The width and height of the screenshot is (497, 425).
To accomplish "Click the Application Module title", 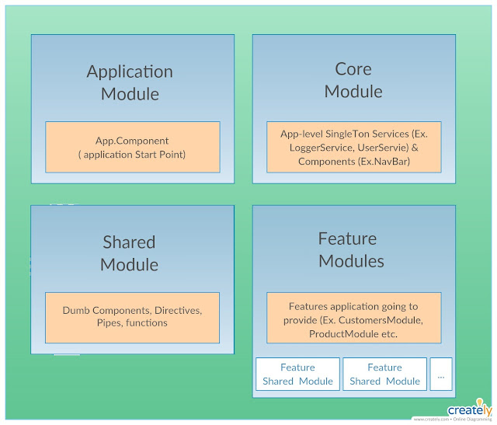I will pos(130,83).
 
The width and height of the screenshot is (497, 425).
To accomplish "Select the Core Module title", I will pos(353,80).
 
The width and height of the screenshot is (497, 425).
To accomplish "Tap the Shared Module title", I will pos(129,253).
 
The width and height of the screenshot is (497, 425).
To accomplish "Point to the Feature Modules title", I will pos(351,249).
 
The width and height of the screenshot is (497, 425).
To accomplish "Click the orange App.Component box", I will pos(131,148).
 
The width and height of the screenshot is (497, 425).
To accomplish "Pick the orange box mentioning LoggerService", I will pos(353,147).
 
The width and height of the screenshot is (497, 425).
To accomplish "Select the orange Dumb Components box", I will pos(132,317).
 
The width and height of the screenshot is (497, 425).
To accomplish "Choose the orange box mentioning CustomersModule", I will pos(353,318).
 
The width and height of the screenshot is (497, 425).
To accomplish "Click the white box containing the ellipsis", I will pos(441,374).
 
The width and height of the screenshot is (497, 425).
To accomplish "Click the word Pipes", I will pos(111,323).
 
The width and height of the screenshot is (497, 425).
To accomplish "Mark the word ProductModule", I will pos(342,333).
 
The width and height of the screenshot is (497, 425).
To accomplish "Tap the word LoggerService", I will pos(322,148).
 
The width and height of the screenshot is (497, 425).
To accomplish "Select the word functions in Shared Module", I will pos(148,323).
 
